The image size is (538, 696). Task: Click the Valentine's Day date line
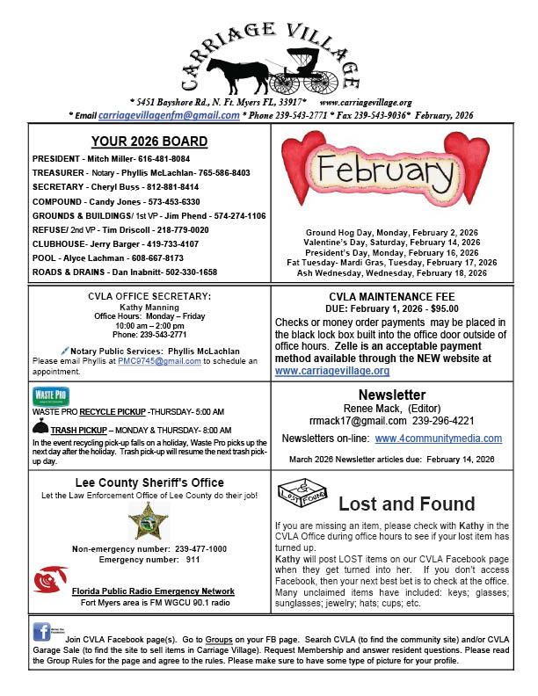pos(392,242)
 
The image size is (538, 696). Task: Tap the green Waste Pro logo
pos(50,395)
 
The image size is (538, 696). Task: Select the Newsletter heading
pos(392,395)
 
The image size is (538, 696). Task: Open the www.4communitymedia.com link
pos(439,438)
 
